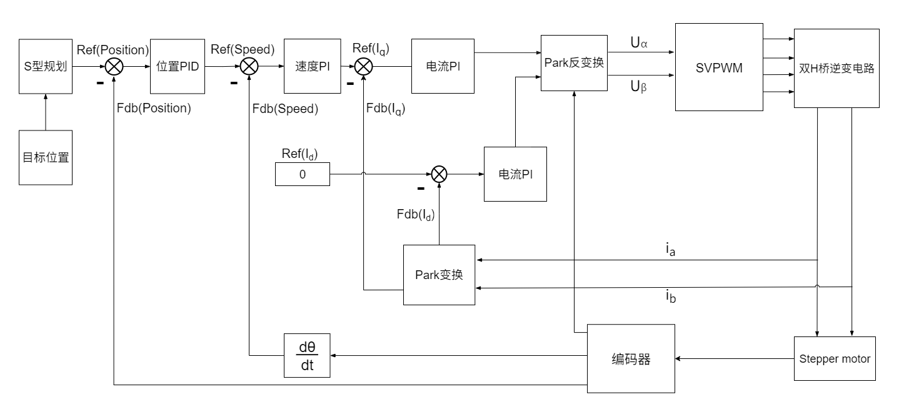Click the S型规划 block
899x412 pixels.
coord(46,67)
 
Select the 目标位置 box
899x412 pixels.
coord(46,157)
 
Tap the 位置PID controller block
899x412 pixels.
coord(178,67)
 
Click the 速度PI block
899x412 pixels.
coord(311,67)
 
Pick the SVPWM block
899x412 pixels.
coord(719,67)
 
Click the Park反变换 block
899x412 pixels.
coord(574,62)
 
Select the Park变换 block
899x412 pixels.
coord(439,275)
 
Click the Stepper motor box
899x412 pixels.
coord(835,358)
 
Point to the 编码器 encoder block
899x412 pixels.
coord(631,358)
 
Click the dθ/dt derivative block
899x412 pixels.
coord(307,355)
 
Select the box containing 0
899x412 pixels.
coord(303,174)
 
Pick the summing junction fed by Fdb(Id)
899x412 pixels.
coord(439,174)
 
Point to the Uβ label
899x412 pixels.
coord(638,87)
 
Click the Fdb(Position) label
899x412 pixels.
coord(154,109)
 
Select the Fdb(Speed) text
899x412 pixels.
coord(285,109)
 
